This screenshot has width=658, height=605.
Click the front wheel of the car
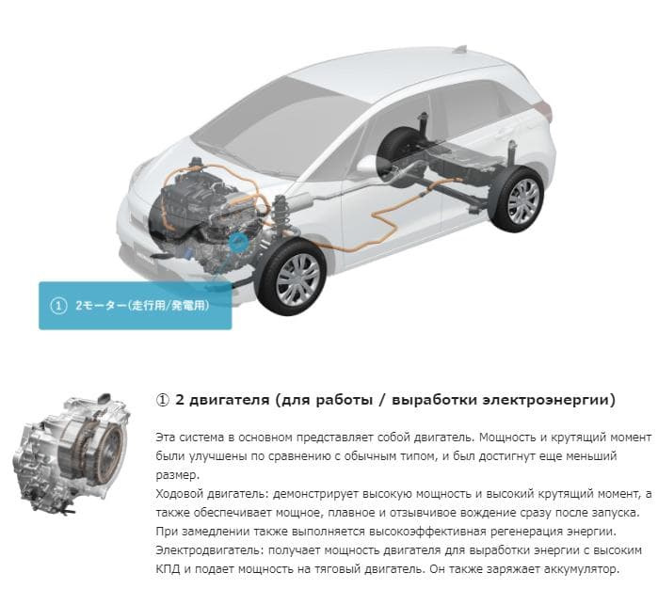click(x=291, y=277)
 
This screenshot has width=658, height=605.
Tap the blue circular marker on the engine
click(x=238, y=243)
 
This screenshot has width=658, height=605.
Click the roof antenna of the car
click(x=460, y=49)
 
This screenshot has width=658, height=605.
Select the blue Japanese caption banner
click(x=136, y=306)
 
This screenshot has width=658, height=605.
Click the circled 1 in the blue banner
click(x=58, y=306)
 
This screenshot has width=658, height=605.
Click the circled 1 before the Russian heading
click(x=162, y=400)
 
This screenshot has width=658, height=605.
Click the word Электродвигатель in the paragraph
click(x=209, y=550)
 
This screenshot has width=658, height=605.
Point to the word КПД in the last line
click(x=168, y=569)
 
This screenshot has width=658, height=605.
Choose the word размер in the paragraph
click(x=176, y=475)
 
